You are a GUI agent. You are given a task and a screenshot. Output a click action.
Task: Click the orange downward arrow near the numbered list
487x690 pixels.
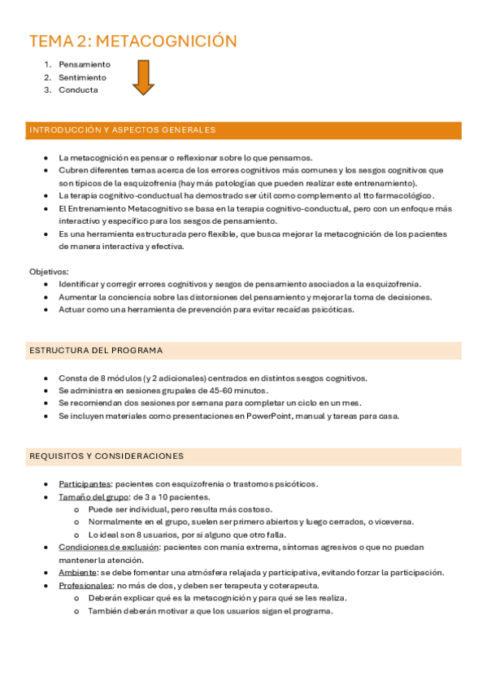(144, 77)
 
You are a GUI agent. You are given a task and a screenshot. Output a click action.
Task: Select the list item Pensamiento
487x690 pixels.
(85, 64)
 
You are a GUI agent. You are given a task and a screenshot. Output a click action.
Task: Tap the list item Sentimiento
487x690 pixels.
(82, 77)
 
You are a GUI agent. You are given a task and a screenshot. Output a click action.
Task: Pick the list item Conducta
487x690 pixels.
(78, 90)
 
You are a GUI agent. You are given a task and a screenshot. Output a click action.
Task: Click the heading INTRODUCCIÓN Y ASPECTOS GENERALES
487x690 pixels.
(122, 130)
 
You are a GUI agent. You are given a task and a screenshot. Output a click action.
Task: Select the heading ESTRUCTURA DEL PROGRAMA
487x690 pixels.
(96, 351)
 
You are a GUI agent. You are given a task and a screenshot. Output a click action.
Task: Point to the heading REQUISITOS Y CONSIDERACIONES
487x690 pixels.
(107, 456)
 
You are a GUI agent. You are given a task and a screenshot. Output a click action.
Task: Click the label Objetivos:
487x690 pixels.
(49, 271)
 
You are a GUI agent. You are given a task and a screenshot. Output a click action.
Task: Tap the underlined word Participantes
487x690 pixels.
(85, 484)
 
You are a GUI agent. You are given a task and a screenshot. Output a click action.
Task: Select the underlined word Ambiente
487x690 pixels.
(78, 573)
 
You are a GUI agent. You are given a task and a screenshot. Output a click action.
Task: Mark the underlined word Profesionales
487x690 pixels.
(85, 586)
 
